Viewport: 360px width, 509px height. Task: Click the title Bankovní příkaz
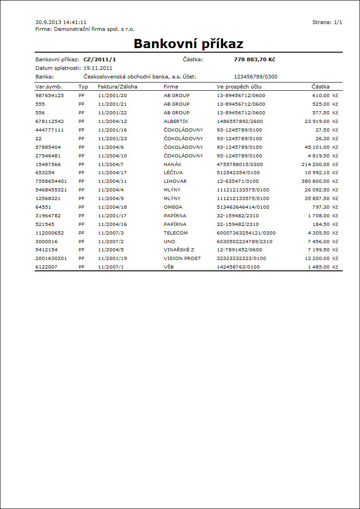(x=188, y=44)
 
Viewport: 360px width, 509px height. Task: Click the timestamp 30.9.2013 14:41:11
(x=61, y=22)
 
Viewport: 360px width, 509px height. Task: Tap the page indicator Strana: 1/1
(x=327, y=22)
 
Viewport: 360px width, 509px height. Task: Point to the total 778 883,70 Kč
(x=254, y=59)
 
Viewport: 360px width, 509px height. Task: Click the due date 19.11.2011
(x=97, y=68)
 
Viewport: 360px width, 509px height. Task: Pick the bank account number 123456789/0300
(x=255, y=77)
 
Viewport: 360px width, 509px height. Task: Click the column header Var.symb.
(x=48, y=87)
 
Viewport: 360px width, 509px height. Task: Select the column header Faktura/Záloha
(x=117, y=87)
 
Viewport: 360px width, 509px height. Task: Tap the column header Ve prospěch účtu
(x=239, y=87)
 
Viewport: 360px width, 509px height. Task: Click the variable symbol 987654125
(x=49, y=96)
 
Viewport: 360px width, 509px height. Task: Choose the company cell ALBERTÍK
(x=176, y=122)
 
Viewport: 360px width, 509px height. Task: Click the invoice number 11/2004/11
(x=112, y=181)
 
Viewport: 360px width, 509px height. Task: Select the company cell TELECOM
(x=175, y=233)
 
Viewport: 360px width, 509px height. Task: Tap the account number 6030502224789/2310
(x=245, y=242)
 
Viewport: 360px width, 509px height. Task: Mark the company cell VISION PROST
(x=182, y=259)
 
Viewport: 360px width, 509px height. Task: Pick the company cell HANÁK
(x=172, y=164)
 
